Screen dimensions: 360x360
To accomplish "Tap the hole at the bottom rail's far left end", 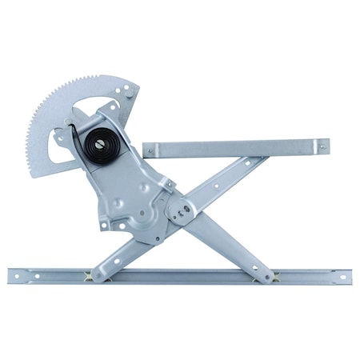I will [x=18, y=277].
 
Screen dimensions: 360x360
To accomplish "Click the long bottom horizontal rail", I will [x=184, y=276].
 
